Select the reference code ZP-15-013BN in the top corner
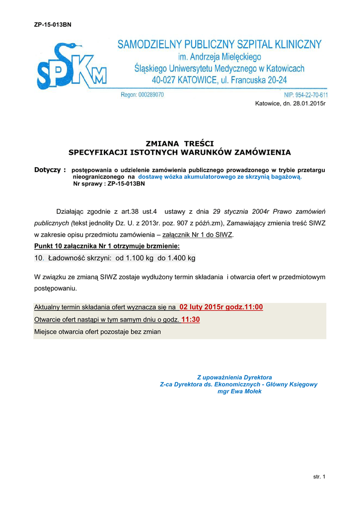[52, 24]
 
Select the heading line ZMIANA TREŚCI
[179, 143]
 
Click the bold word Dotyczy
[50, 170]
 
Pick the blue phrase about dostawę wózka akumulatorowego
[219, 177]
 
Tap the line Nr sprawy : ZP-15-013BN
[109, 183]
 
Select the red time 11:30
[191, 320]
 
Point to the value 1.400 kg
[182, 258]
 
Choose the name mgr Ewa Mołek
[239, 391]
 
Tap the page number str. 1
[319, 477]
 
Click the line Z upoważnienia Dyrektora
[234, 378]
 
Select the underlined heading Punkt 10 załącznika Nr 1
[107, 246]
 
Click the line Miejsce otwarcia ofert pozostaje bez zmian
[97, 332]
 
